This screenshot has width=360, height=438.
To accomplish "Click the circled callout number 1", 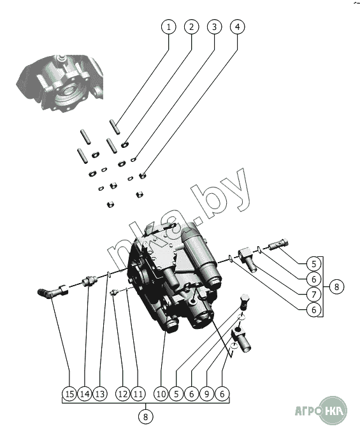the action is point(169,27).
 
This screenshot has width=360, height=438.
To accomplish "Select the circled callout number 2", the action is point(191,27).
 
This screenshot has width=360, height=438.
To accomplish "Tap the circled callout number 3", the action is point(214,27).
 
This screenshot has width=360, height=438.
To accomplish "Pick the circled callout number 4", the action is point(237,27).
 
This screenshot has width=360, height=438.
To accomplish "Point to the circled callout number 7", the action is point(313,295).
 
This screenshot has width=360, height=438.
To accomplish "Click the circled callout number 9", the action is point(207,394).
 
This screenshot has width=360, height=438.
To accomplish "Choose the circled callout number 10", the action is point(161,394).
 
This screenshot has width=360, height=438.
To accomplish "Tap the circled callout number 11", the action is point(138,394).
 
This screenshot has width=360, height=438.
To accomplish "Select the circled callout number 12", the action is point(123,394).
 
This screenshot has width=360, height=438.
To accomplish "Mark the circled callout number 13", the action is point(100,394).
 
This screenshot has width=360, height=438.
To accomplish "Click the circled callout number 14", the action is point(85,394).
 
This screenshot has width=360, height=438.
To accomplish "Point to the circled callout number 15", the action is point(69,394).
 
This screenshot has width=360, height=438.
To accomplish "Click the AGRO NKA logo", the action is point(321,411).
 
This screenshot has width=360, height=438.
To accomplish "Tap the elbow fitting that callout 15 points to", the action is point(52,292).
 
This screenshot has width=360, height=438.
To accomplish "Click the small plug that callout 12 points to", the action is point(113,293).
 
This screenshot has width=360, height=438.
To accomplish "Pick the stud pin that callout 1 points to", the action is point(115,127).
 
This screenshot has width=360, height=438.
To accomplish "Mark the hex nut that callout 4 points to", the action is point(143,176).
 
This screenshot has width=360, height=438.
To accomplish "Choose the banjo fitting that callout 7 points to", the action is point(248,259).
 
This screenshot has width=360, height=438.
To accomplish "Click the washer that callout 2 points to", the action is point(125,145).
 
